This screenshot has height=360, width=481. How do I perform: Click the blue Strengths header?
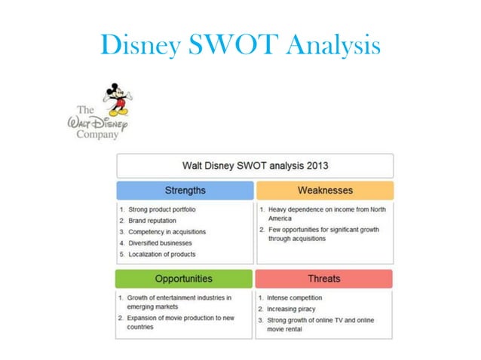tap(185, 190)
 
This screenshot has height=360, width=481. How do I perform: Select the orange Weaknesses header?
tap(325, 190)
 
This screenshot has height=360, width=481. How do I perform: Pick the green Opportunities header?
tap(184, 279)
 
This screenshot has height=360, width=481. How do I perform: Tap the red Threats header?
tap(324, 279)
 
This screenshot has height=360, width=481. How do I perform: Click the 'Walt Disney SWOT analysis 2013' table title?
tap(255, 165)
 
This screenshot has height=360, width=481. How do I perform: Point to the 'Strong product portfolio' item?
tap(162, 209)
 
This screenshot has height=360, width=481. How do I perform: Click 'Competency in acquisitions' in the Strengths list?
tap(167, 232)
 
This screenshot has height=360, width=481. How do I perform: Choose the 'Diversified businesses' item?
tap(160, 243)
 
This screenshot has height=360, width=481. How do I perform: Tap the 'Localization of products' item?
tap(162, 255)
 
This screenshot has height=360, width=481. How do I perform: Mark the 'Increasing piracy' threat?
tap(291, 309)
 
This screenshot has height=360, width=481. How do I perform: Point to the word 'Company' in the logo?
tap(98, 135)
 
